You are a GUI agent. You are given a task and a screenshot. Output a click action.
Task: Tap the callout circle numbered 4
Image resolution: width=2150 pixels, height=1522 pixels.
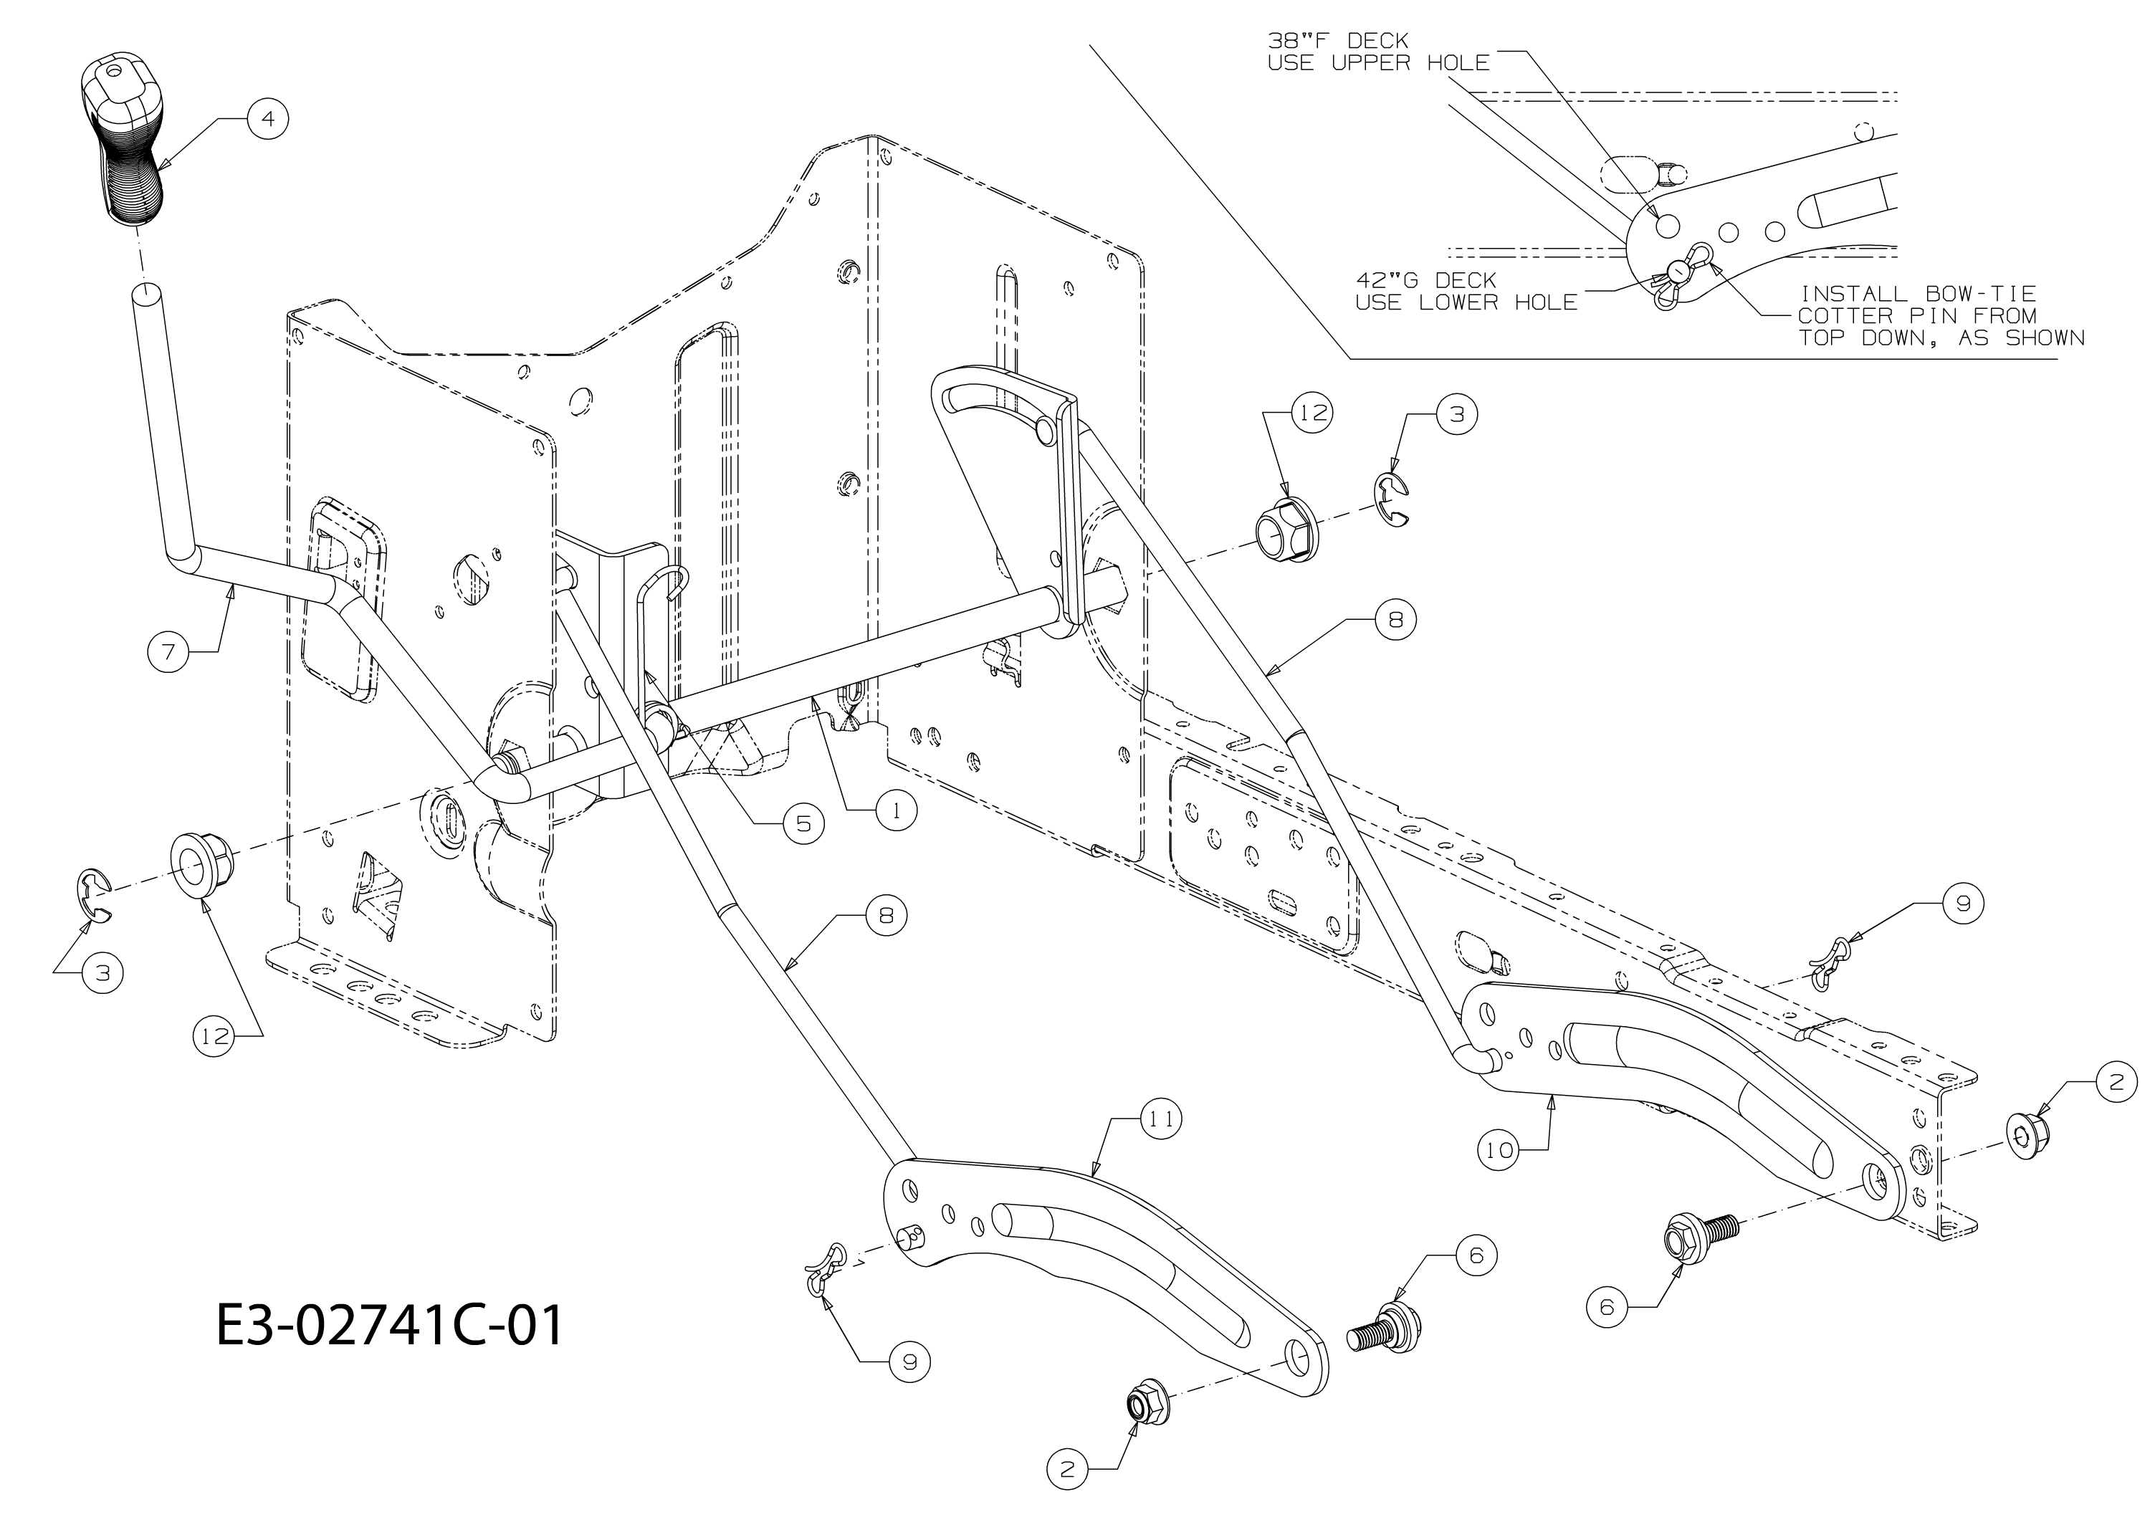[268, 119]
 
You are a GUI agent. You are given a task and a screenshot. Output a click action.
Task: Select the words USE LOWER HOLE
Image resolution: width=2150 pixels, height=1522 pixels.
[1467, 302]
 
